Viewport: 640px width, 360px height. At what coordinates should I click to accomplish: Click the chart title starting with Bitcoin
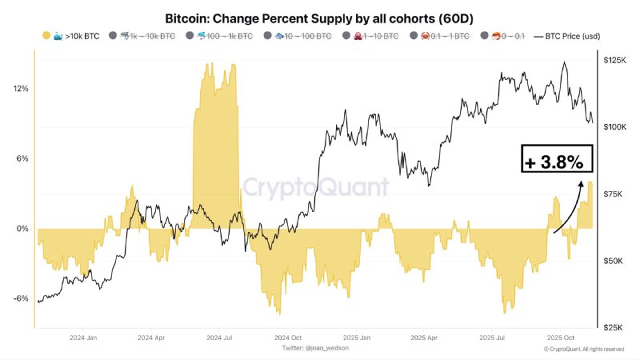click(x=320, y=18)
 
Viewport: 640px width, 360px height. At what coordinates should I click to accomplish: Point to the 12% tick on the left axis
click(x=21, y=89)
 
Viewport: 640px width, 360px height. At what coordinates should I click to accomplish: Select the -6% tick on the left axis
click(x=21, y=298)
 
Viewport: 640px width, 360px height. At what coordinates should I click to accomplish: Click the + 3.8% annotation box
click(x=557, y=161)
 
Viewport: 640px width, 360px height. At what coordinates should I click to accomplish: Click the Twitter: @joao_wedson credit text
click(x=315, y=349)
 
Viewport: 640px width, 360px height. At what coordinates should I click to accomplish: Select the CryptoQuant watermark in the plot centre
click(x=316, y=187)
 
